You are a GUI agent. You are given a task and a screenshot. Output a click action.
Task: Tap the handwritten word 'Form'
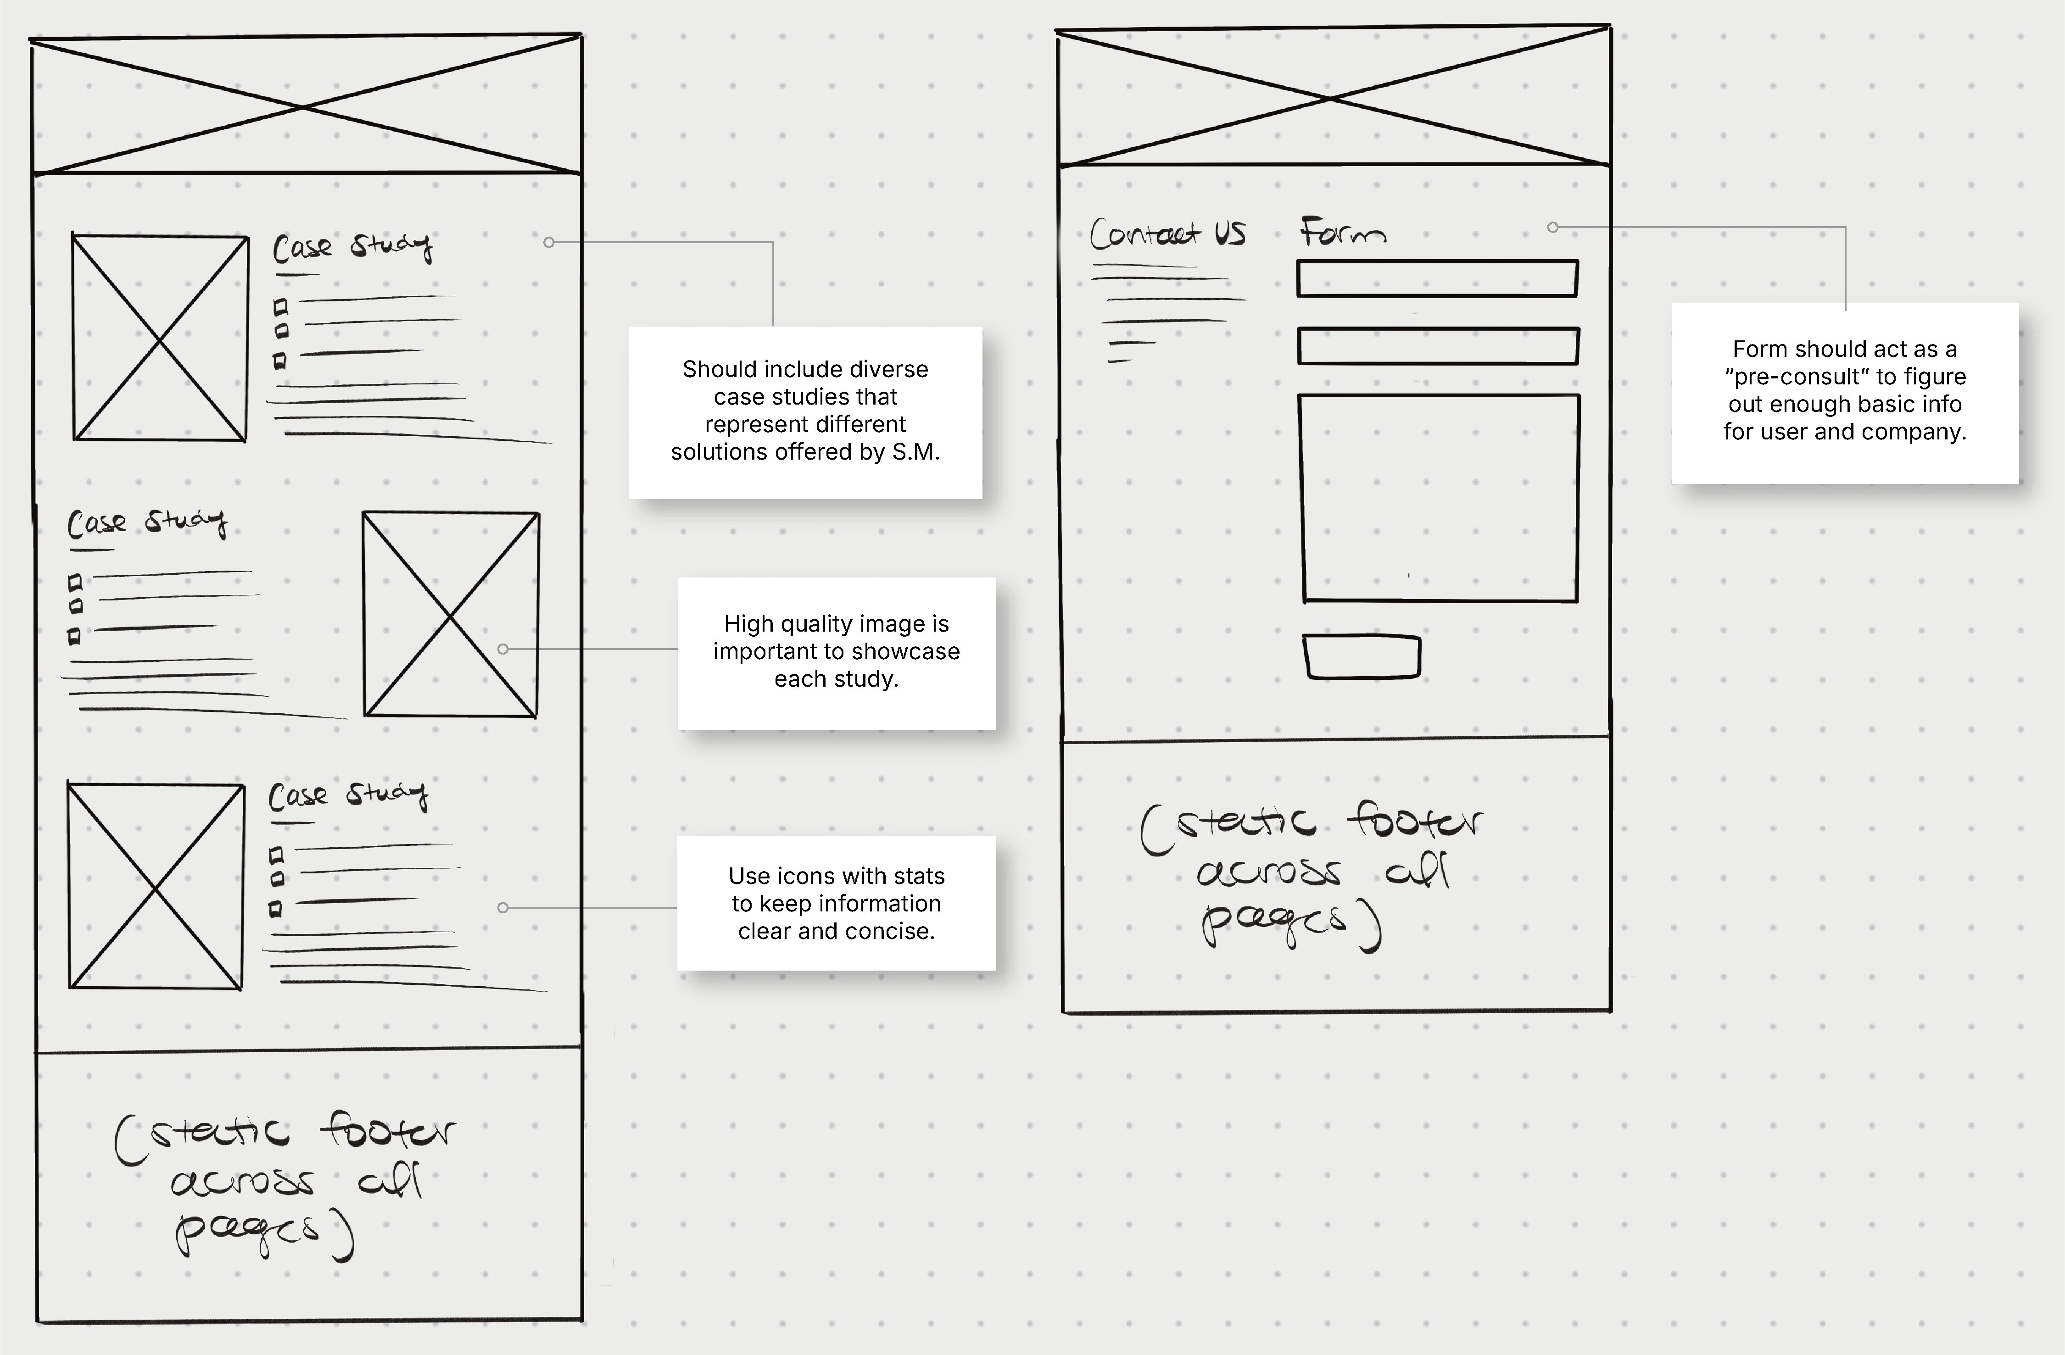(x=1341, y=233)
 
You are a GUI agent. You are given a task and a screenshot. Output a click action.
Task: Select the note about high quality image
(x=837, y=652)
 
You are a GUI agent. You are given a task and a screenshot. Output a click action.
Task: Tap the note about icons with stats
(x=837, y=903)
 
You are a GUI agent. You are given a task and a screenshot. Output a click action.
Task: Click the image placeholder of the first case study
(x=160, y=338)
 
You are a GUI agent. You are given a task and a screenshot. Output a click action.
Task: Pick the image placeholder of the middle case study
(x=450, y=614)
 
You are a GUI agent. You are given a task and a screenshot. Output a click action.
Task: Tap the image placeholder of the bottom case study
(x=155, y=886)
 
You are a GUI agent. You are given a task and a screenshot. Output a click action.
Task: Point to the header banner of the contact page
(x=1333, y=97)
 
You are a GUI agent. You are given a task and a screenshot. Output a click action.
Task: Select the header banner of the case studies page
(x=306, y=106)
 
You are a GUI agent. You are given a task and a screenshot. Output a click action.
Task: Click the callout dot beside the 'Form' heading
(x=1552, y=227)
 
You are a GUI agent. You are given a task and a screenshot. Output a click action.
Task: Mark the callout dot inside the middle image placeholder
(x=503, y=649)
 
